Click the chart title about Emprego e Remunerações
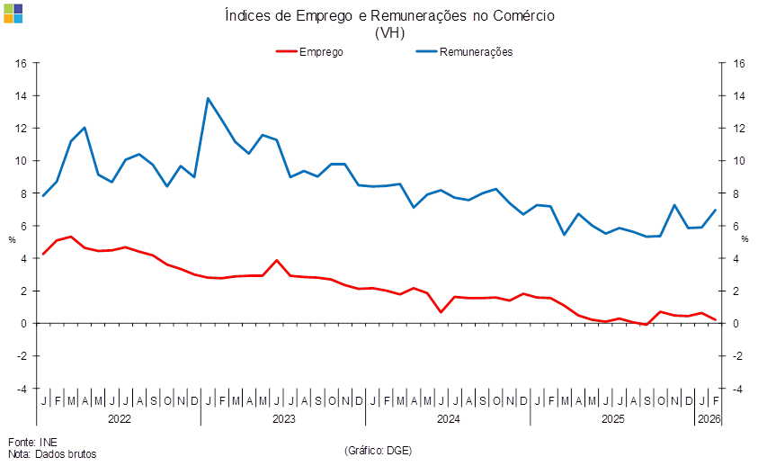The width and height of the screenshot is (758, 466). tap(389, 16)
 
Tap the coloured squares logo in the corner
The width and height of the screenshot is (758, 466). tap(13, 13)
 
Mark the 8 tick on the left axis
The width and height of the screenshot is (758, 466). tap(24, 193)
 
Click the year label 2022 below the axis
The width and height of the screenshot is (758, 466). tap(119, 419)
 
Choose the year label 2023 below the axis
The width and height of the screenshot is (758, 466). tap(283, 419)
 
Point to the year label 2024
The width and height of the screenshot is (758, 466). tap(448, 419)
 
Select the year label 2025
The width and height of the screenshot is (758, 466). tap(613, 419)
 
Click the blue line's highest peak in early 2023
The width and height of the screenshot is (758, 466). tap(209, 99)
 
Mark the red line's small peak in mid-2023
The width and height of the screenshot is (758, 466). tap(277, 261)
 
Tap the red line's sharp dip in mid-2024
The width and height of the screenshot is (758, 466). tap(441, 311)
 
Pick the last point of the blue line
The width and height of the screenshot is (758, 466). tap(716, 211)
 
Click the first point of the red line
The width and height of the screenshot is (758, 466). tap(43, 255)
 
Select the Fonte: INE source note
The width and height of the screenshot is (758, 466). tap(32, 442)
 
